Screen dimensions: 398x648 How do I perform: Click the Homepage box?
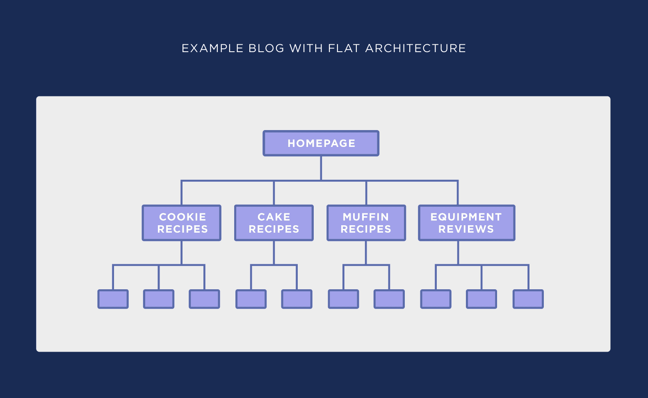coord(321,143)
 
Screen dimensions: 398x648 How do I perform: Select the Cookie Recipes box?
coord(182,223)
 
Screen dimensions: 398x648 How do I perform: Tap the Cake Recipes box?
coord(274,223)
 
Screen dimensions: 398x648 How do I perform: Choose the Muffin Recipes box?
coord(366,223)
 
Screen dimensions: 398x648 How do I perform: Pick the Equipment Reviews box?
coord(466,223)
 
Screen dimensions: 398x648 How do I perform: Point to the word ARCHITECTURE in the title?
coord(415,48)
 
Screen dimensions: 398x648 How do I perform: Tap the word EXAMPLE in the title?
coord(212,48)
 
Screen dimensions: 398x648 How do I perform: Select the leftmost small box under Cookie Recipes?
coord(113,299)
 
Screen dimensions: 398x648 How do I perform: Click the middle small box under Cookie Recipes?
coord(159,299)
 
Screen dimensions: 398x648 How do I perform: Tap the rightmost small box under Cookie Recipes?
coord(204,299)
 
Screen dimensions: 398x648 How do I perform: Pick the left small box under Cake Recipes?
coord(251,299)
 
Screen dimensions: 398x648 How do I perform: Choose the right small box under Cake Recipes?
coord(297,299)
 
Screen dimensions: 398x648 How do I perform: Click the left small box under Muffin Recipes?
coord(344,299)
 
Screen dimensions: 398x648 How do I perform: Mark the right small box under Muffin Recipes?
coord(389,299)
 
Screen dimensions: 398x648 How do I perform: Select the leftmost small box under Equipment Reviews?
coord(436,299)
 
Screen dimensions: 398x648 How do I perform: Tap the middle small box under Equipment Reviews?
coord(481,299)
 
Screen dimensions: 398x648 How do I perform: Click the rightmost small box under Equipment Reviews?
coord(528,299)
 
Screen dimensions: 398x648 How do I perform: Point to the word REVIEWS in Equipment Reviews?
coord(466,229)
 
